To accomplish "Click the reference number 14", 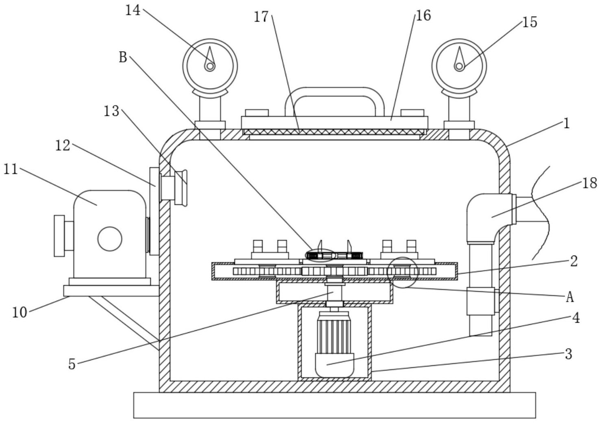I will (132, 10).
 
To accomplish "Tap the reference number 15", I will (529, 22).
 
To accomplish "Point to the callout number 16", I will (423, 15).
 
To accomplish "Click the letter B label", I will (123, 57).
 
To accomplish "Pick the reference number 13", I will (111, 111).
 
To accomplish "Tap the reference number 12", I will (63, 145).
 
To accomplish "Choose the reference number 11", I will (11, 169).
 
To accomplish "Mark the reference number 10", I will (19, 312).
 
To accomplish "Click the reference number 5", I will (72, 364).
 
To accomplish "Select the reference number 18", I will (590, 184).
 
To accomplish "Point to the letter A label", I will (570, 297).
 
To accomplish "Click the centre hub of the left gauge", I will (210, 66).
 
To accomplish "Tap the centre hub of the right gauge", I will (459, 66).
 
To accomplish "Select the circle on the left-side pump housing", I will (110, 239).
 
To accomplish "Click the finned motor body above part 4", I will (334, 333).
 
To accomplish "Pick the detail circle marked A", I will (402, 272).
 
